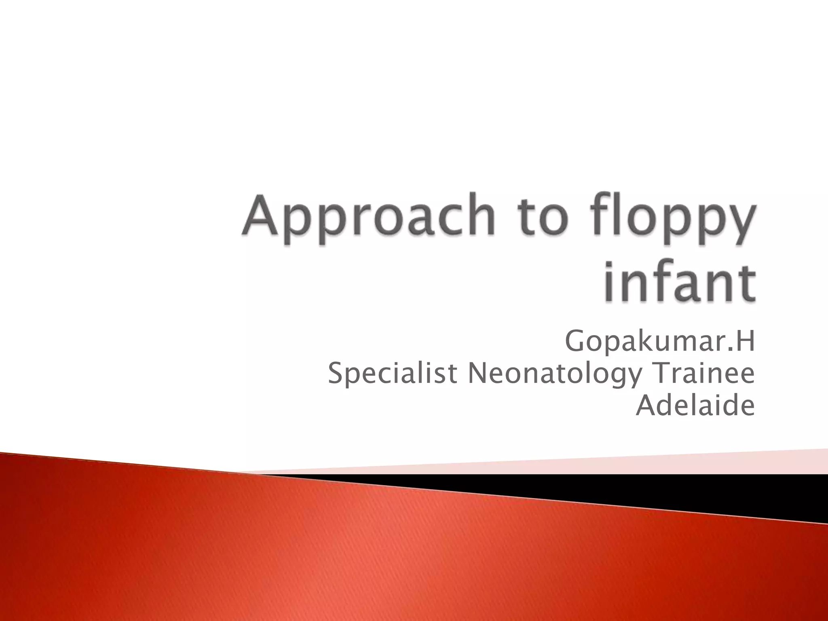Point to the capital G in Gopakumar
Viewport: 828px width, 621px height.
click(x=575, y=342)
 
